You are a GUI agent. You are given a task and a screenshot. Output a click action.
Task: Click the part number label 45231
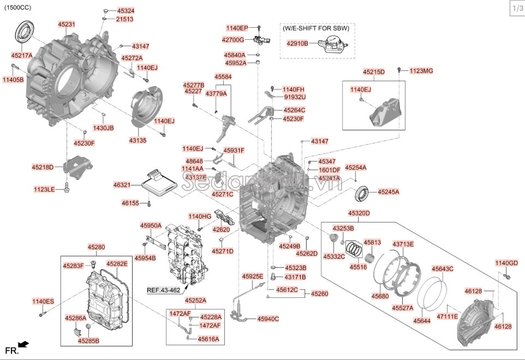pyautogui.click(x=67, y=25)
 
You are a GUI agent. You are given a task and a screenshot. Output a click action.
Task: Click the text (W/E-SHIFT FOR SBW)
pyautogui.click(x=317, y=27)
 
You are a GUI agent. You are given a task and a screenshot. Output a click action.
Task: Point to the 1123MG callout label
pyautogui.click(x=421, y=71)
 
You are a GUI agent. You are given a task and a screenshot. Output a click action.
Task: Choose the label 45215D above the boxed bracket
pyautogui.click(x=374, y=72)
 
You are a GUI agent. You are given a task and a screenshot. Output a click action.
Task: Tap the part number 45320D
pyautogui.click(x=359, y=213)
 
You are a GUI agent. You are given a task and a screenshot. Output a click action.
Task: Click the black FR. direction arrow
pyautogui.click(x=23, y=344)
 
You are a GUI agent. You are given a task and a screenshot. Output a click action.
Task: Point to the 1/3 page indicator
pyautogui.click(x=516, y=9)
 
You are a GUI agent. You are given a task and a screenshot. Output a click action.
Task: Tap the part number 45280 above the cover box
pyautogui.click(x=97, y=247)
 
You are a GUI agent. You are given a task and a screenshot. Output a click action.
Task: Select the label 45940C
pyautogui.click(x=268, y=319)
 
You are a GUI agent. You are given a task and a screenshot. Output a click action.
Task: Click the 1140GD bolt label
pyautogui.click(x=506, y=263)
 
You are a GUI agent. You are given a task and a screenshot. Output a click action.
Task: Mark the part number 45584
pyautogui.click(x=223, y=77)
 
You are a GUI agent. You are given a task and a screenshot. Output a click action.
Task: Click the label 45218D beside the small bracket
pyautogui.click(x=43, y=167)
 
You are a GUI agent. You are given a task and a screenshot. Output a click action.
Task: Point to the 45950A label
pyautogui.click(x=151, y=225)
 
